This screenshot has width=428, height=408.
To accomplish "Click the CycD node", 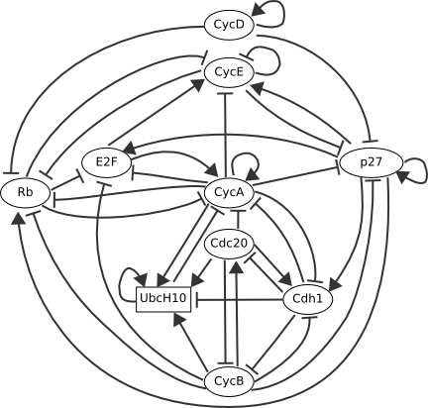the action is pos(229,25).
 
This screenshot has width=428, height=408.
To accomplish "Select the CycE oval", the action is pos(229,72).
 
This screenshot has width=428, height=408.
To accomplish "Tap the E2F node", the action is pos(106,162).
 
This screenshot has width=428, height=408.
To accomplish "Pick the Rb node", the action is pos(26,193).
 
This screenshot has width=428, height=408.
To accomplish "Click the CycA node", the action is pos(229,192).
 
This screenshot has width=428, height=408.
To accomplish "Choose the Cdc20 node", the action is pos(229,245).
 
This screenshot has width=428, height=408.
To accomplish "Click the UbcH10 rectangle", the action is pos(163,299).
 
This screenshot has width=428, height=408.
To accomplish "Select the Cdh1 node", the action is pos(307,299).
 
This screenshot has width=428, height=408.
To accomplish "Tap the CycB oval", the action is pos(229,381).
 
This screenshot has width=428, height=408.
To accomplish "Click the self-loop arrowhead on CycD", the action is pos(259,11).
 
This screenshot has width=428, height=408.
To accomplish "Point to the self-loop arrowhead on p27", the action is pos(403,177).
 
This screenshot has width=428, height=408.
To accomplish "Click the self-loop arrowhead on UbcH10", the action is pos(144,280).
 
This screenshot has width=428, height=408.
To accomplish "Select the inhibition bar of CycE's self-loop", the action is pos(247,56).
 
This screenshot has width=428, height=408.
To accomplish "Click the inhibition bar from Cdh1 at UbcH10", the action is pos(197,300).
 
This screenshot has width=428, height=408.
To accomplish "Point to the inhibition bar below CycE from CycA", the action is pos(225,94).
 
